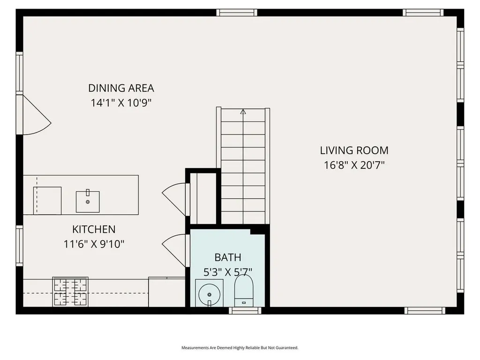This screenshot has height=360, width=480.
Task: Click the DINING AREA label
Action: point(121,88)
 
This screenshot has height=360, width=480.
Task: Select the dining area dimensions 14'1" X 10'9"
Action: point(121,103)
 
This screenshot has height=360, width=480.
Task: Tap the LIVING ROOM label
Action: point(354,150)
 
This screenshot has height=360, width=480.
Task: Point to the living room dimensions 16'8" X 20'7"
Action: point(354,165)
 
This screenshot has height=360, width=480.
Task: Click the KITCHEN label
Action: point(94,229)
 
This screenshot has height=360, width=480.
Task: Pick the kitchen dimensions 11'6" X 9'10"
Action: point(94,244)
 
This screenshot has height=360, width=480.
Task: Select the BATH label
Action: point(228,257)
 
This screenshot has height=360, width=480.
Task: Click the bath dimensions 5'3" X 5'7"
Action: point(228,271)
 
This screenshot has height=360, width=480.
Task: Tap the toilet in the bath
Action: point(243,290)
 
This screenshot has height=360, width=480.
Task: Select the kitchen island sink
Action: point(88,201)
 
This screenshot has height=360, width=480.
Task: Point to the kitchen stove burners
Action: point(70,292)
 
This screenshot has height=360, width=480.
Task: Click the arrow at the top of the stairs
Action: point(243,112)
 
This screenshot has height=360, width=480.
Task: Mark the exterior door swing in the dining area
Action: point(36,116)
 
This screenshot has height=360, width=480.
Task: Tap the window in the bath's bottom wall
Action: point(245,310)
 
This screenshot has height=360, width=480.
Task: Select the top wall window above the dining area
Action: point(237,13)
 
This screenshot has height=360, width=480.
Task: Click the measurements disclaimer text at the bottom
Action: point(240,348)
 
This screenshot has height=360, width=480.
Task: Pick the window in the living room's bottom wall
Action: point(424,310)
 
